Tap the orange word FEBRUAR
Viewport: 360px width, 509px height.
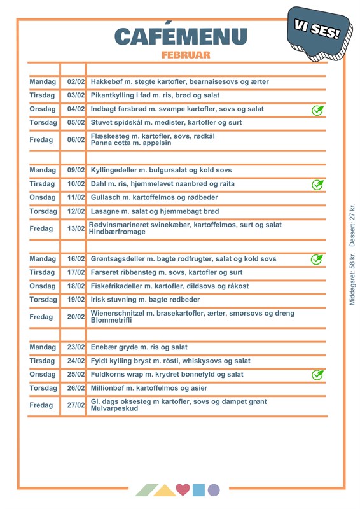pyautogui.click(x=186, y=55)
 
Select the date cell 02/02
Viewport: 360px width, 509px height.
pyautogui.click(x=76, y=82)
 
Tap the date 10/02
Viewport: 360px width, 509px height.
pyautogui.click(x=76, y=184)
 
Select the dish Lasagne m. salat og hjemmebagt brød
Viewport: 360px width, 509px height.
pyautogui.click(x=155, y=211)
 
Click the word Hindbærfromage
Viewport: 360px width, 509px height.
pyautogui.click(x=118, y=232)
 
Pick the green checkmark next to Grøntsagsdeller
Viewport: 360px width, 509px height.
pyautogui.click(x=316, y=259)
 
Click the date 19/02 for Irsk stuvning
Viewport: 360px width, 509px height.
pyautogui.click(x=76, y=300)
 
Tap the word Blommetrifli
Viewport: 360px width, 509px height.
pyautogui.click(x=112, y=320)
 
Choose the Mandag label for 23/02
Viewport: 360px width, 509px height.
pyautogui.click(x=43, y=347)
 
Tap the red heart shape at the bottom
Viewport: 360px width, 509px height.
pyautogui.click(x=183, y=490)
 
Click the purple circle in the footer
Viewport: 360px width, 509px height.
pyautogui.click(x=214, y=490)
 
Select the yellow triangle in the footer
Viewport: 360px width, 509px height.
pyautogui.click(x=165, y=491)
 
